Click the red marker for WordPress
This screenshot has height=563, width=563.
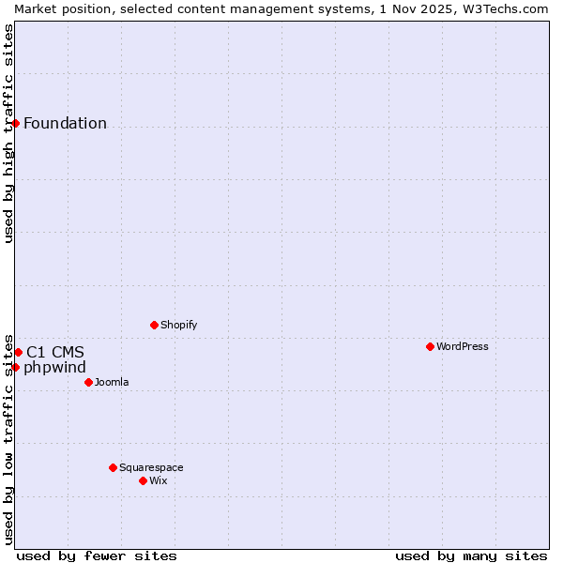point(430,346)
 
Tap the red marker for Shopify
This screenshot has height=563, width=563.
point(154,325)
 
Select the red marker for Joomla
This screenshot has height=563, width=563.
point(88,382)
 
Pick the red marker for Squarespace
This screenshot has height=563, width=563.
point(113,467)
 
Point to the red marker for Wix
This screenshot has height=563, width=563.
point(143,480)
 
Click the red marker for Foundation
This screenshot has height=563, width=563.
point(15,123)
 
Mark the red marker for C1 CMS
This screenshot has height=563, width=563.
point(18,352)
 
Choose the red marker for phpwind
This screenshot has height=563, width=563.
point(15,367)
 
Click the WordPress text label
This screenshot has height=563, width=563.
point(463,346)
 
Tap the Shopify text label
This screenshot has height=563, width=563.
point(179,325)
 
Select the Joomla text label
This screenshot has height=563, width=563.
point(112,382)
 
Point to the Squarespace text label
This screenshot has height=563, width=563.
point(151,467)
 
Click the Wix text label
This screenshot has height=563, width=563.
point(159,480)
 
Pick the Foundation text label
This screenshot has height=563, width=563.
point(65,123)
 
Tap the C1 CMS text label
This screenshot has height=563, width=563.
point(55,352)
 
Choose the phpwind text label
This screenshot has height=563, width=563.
point(54,367)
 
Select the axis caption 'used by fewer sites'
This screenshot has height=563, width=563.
point(97,555)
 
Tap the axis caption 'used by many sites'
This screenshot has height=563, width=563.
point(471,555)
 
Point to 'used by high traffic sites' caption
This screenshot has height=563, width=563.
point(8,133)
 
